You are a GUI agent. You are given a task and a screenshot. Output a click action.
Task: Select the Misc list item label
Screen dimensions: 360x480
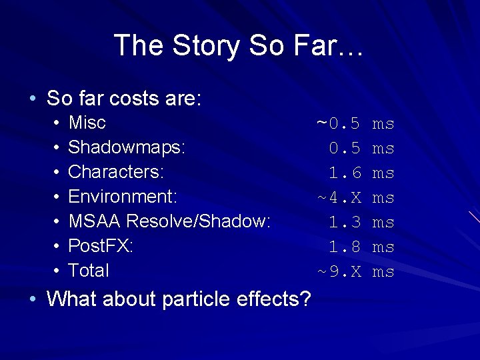(x=87, y=123)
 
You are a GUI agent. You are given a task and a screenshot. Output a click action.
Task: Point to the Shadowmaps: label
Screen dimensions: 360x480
(x=127, y=147)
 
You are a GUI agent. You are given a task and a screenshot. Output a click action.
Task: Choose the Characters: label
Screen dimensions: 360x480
(x=116, y=172)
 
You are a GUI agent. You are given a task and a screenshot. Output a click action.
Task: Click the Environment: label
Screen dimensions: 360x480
(x=123, y=197)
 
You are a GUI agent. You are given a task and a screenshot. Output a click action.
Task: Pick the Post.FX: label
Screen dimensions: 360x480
(x=101, y=246)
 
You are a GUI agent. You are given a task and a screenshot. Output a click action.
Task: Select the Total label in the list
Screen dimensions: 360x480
(x=89, y=271)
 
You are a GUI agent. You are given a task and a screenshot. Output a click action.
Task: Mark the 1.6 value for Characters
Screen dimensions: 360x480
(x=345, y=173)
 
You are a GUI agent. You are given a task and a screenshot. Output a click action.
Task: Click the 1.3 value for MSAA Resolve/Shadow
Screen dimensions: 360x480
(x=345, y=222)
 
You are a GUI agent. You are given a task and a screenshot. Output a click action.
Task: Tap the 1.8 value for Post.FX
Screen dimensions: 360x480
(x=345, y=247)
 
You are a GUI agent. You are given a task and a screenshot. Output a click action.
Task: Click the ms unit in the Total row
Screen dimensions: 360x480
(x=383, y=271)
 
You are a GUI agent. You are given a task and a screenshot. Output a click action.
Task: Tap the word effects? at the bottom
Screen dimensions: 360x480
(x=273, y=299)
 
